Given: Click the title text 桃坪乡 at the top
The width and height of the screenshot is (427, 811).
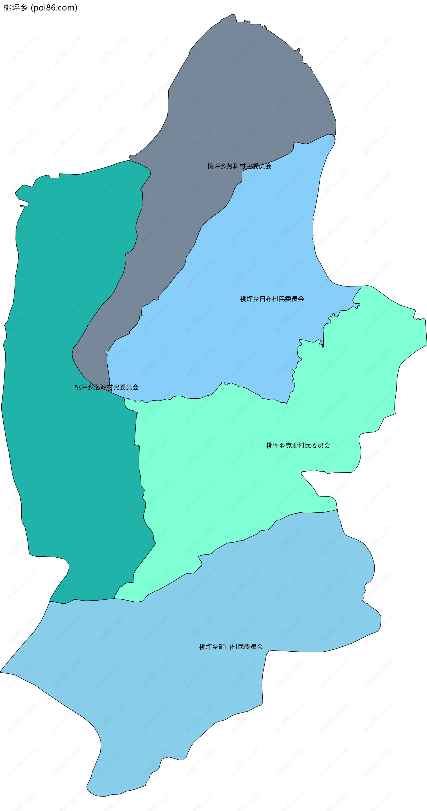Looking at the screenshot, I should point(15,8).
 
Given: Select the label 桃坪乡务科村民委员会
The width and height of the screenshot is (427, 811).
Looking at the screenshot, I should point(239,166).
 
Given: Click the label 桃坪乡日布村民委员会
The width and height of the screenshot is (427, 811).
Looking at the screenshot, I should point(272,299).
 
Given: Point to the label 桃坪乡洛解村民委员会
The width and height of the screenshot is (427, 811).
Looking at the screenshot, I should point(107,387).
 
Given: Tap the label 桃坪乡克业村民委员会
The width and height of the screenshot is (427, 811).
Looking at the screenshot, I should point(298,445).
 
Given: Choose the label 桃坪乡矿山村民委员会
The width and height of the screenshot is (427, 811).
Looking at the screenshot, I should point(231,647).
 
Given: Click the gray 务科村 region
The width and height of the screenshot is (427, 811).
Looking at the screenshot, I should point(240,94).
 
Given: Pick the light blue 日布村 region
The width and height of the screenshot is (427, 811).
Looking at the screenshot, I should point(236,330).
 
